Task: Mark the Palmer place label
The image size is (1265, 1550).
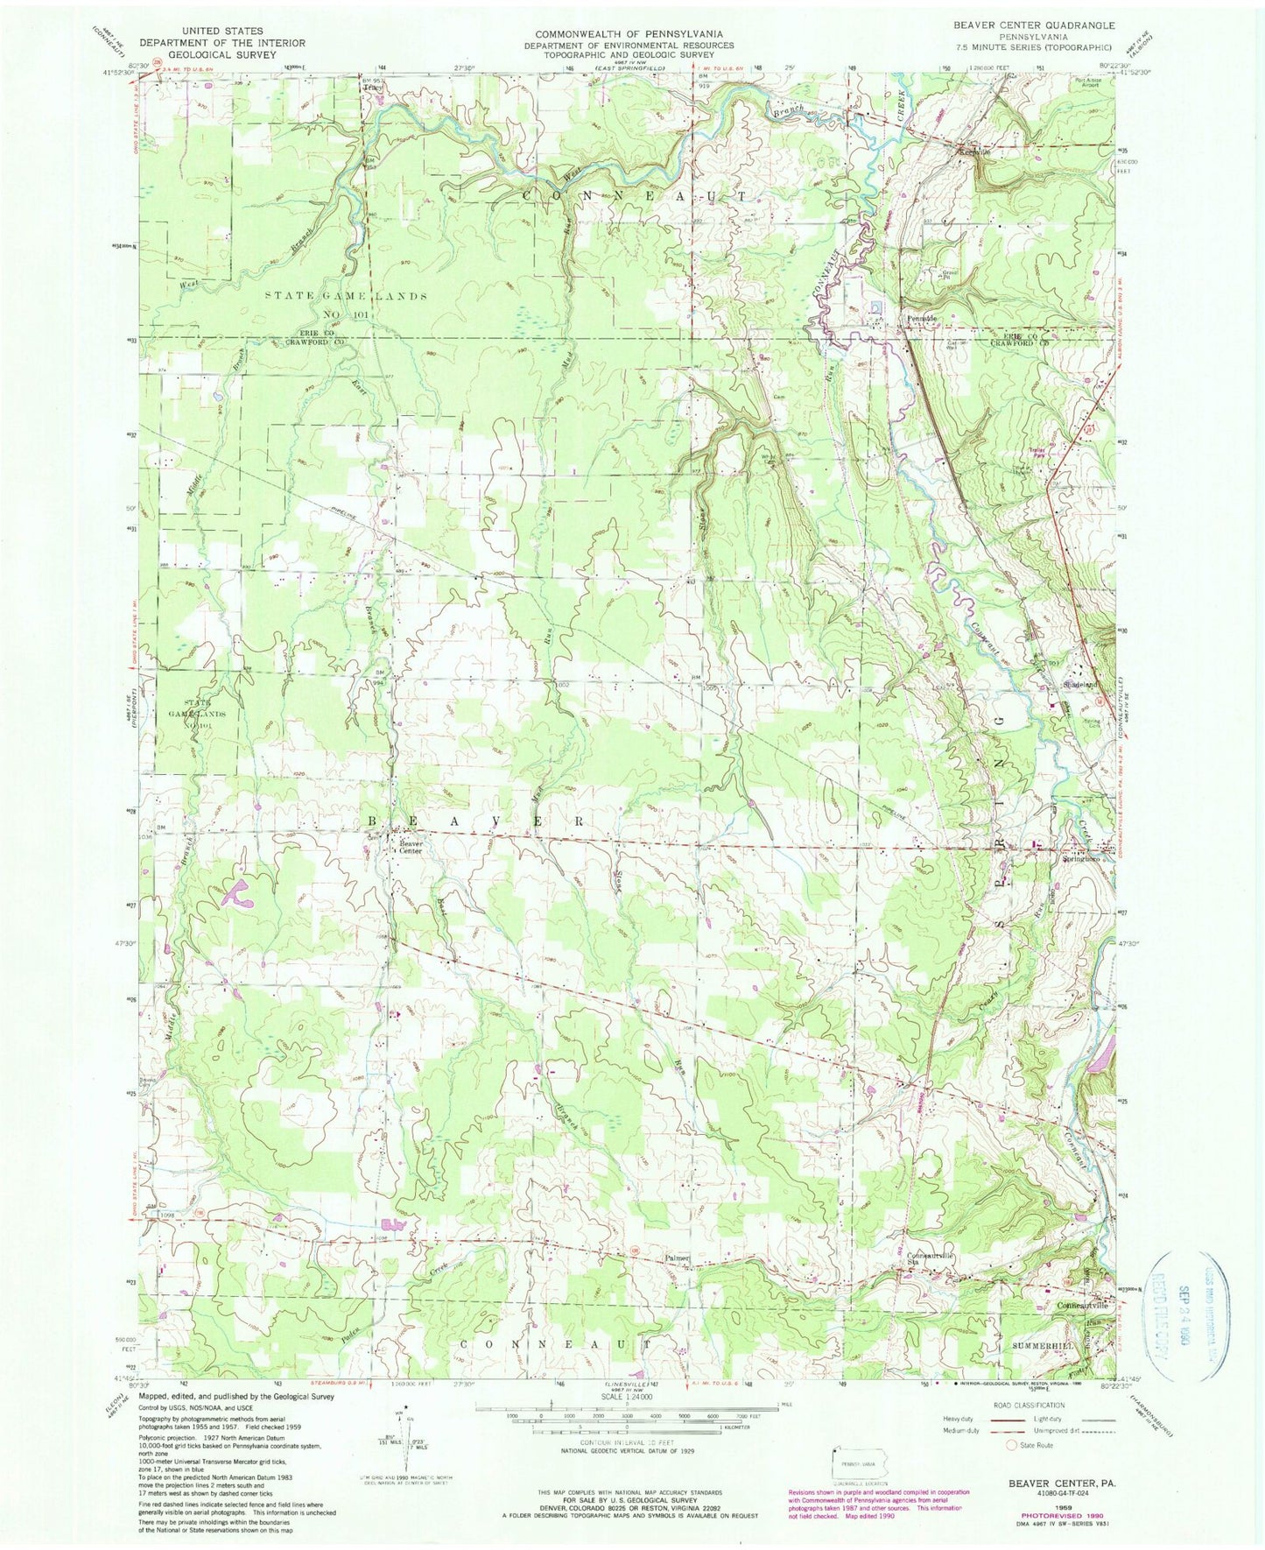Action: click(678, 1258)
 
